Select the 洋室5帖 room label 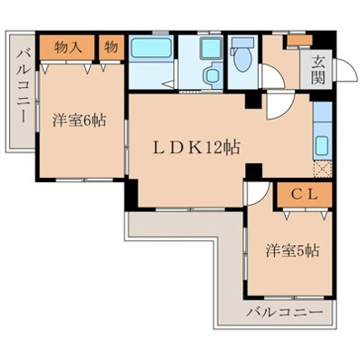coord(291,250)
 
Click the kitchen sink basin coord(322,144)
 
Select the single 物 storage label coord(109,45)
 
